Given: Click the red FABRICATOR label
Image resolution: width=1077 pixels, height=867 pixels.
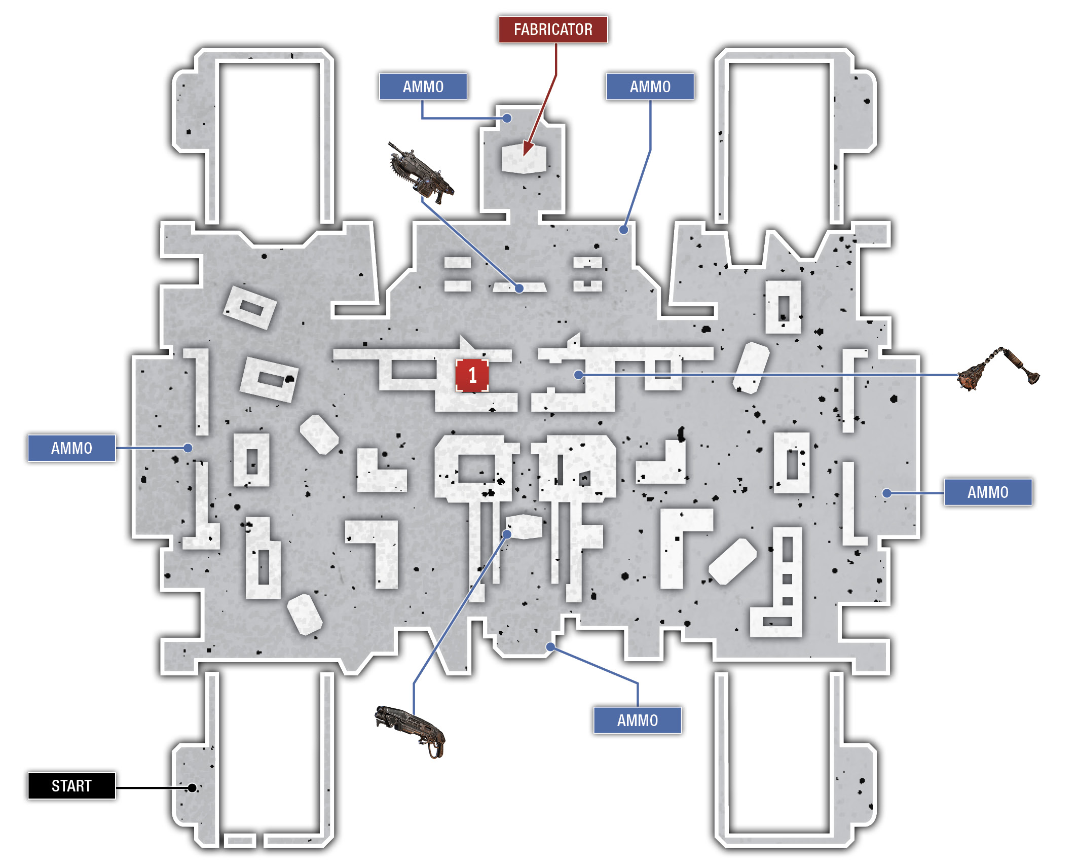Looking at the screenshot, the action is tap(553, 29).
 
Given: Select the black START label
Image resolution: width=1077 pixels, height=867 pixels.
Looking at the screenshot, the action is tap(71, 785).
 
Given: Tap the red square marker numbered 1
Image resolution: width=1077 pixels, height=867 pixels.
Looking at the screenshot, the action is tap(472, 375).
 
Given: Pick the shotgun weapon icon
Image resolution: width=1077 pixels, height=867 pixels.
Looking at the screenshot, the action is tap(411, 731).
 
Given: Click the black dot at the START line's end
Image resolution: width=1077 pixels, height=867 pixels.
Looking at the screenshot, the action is tap(192, 787).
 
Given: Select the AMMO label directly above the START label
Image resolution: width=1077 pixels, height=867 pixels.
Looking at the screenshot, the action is tap(71, 448).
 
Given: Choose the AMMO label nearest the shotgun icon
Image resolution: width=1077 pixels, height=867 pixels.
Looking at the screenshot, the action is tap(637, 720).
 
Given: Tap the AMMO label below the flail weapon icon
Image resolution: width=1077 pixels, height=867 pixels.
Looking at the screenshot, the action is tap(988, 492).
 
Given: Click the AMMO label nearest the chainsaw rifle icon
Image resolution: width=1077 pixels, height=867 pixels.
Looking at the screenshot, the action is tap(423, 87).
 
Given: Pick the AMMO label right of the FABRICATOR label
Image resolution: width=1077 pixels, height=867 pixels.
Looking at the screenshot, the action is tap(650, 87).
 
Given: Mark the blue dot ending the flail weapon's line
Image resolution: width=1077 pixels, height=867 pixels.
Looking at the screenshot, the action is tap(578, 375).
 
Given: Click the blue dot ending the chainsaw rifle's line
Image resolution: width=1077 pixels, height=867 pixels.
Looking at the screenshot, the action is tap(519, 288).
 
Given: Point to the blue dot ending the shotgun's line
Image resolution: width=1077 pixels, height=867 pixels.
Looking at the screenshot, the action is tap(507, 534).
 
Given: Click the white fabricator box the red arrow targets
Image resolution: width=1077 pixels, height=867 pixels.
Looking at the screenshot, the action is tap(524, 158).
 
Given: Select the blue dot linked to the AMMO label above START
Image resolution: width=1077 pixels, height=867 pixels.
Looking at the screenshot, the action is tap(188, 448).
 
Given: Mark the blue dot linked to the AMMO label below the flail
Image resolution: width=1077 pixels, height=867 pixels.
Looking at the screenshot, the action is tap(886, 493).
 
